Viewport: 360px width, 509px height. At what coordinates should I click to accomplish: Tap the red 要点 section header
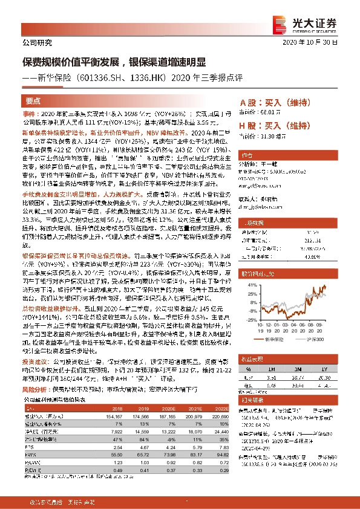click(x=33, y=101)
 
